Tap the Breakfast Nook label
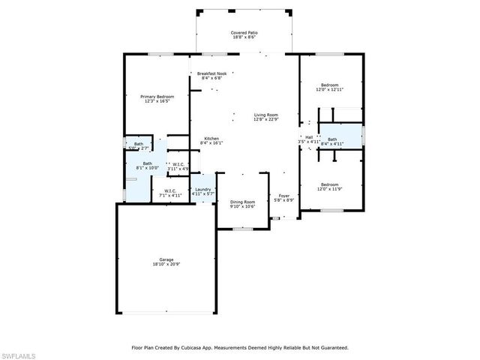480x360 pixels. click(211, 73)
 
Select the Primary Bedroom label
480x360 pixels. click(157, 96)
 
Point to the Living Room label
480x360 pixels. click(265, 114)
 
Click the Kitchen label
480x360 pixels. click(212, 138)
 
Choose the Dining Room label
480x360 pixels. click(242, 201)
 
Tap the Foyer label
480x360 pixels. click(284, 196)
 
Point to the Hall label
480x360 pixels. click(308, 136)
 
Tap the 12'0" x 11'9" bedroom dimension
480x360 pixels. click(330, 189)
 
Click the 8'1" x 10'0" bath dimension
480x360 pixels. click(148, 168)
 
